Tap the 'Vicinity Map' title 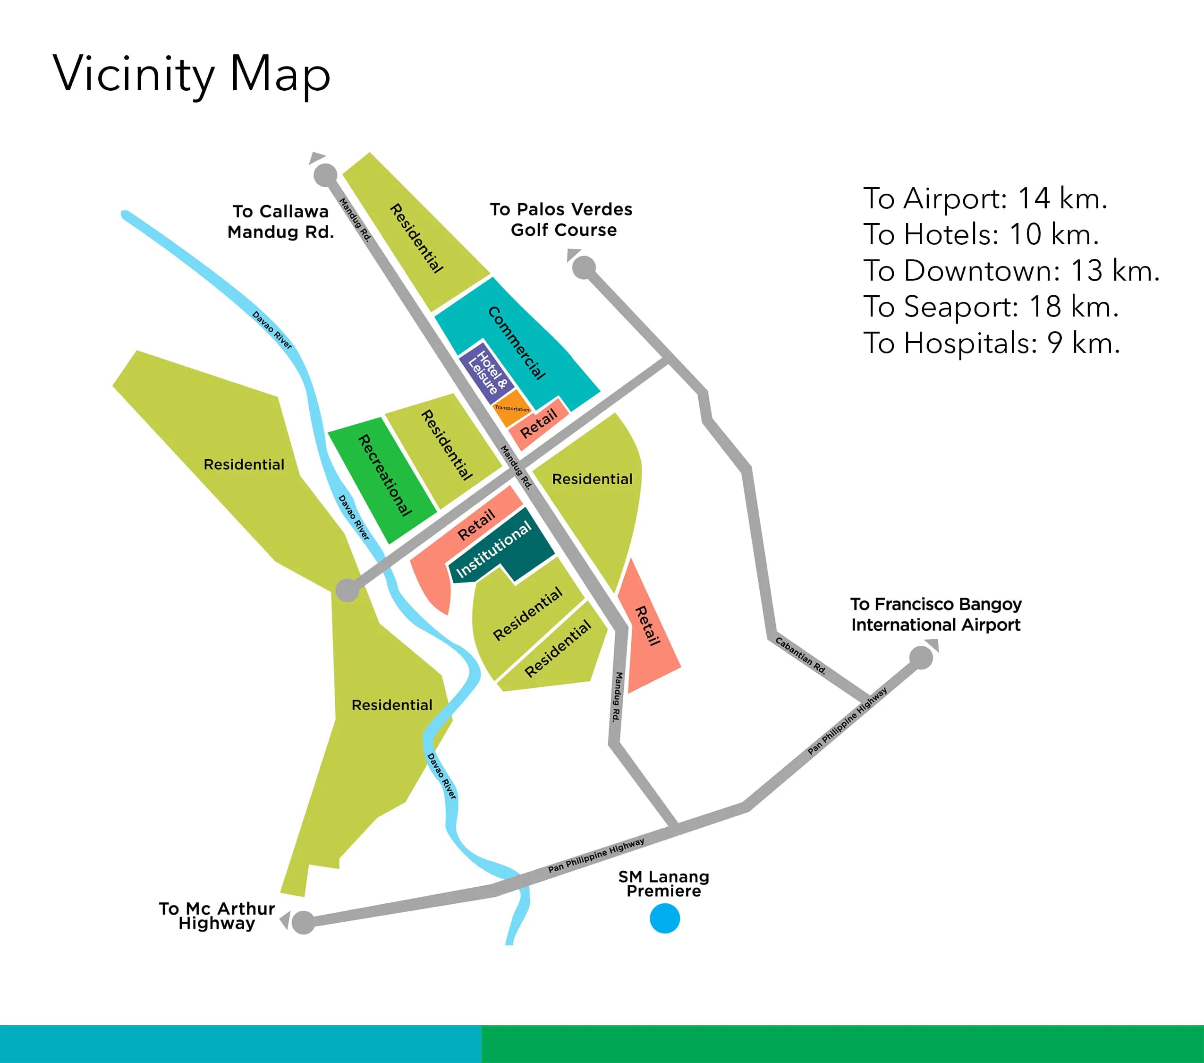191,74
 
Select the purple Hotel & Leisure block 486,372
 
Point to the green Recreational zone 383,477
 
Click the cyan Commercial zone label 517,343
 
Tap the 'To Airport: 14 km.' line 985,198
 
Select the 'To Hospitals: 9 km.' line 992,343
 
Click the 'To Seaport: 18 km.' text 991,307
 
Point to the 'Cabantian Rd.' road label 800,655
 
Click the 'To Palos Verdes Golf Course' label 561,220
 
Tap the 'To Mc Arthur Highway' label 217,916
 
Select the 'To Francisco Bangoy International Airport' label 935,615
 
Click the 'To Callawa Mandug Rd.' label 280,222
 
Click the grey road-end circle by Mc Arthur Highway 303,922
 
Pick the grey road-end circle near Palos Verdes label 584,268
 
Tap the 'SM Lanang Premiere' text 664,884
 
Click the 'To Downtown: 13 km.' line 1011,271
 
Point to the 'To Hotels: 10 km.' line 981,234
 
